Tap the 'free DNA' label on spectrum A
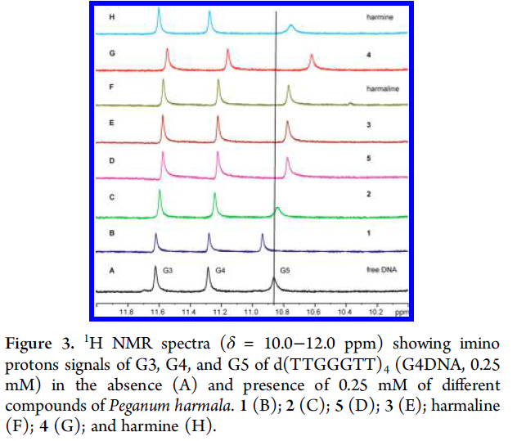click(x=381, y=269)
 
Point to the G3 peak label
click(x=168, y=269)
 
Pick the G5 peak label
click(x=285, y=269)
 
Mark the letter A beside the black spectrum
click(x=110, y=269)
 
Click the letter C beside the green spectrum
click(x=110, y=197)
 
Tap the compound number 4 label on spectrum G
click(x=370, y=53)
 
